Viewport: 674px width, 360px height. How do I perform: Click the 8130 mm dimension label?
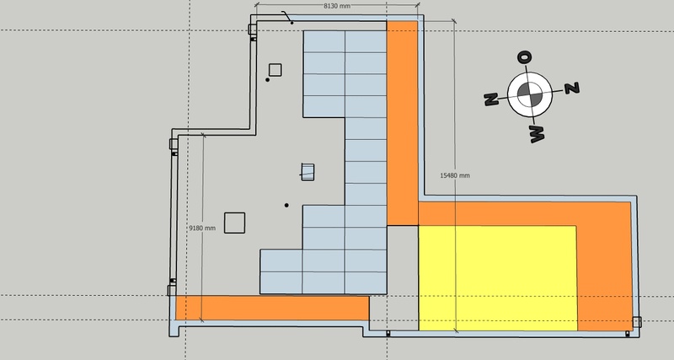coord(338,6)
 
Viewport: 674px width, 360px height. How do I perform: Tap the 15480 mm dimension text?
coord(455,175)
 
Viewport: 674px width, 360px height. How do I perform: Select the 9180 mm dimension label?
coord(202,228)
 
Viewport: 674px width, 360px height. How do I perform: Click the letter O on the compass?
coord(524,57)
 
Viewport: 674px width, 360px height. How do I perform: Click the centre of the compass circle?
coord(529,94)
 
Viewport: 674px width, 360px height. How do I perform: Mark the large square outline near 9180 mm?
coord(234,223)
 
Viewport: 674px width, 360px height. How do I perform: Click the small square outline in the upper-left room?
coord(275,69)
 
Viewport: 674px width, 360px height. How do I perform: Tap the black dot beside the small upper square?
coord(268,80)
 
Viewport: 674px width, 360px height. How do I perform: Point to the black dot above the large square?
coord(286,205)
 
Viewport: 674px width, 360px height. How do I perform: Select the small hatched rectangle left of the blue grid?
coord(308,171)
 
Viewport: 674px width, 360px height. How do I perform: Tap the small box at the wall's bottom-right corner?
coord(637,321)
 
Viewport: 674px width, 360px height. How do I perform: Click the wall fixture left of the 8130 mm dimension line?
coord(252,30)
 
